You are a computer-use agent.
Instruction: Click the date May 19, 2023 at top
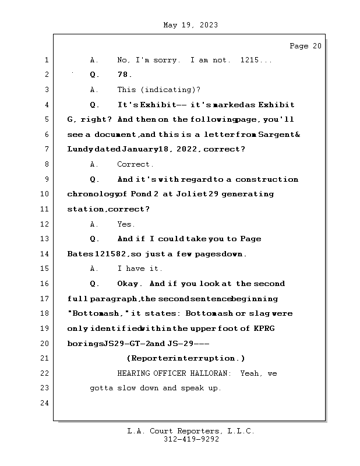[191, 25]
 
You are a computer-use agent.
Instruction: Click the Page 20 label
[305, 46]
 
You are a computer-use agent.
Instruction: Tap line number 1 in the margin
[46, 60]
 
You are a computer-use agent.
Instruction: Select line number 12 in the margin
[44, 224]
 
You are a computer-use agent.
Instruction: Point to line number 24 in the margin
[44, 403]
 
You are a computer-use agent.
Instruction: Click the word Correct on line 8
[134, 164]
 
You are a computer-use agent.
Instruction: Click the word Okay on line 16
[129, 284]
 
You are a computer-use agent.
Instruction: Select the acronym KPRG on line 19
[264, 329]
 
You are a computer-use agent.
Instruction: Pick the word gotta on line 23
[102, 388]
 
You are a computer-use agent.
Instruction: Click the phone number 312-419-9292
[191, 440]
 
